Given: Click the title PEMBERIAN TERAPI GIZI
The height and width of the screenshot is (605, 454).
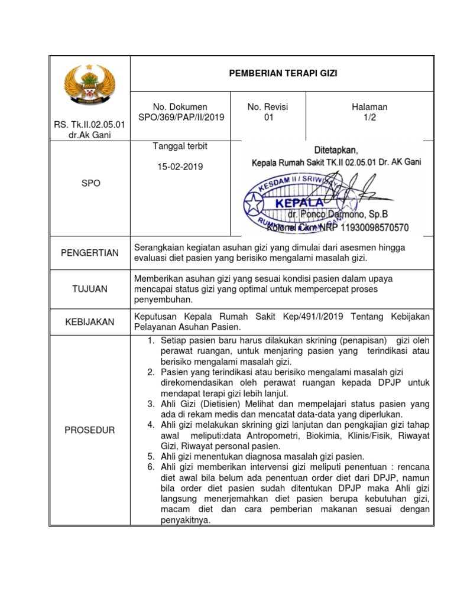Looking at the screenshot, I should [283, 73].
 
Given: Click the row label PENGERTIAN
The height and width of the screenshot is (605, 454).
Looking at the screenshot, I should [90, 253].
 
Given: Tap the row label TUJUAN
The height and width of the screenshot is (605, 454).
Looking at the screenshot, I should [90, 288].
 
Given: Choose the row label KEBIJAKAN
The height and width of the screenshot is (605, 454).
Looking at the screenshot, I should [90, 322].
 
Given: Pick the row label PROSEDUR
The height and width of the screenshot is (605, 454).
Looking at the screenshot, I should [90, 430].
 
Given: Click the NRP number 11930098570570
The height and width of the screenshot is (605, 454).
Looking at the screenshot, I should [371, 227].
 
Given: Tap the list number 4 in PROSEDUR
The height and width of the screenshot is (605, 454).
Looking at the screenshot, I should [150, 425].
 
